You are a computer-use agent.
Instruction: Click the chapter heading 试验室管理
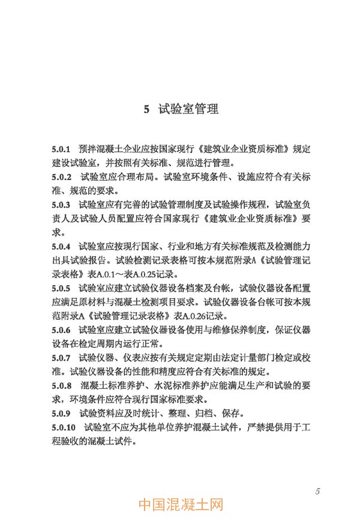coord(188,109)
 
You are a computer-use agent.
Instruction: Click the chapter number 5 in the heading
coord(147,109)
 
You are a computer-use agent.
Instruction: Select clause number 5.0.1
coord(62,148)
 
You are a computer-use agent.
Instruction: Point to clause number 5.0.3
coord(62,205)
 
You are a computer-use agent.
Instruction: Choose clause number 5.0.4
coord(62,247)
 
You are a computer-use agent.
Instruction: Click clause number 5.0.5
coord(62,289)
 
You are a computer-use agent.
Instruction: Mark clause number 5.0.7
coord(62,358)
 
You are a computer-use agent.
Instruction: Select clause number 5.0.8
coord(62,386)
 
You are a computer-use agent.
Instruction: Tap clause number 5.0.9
coord(62,414)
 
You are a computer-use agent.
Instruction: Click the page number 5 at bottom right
coord(317,492)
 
